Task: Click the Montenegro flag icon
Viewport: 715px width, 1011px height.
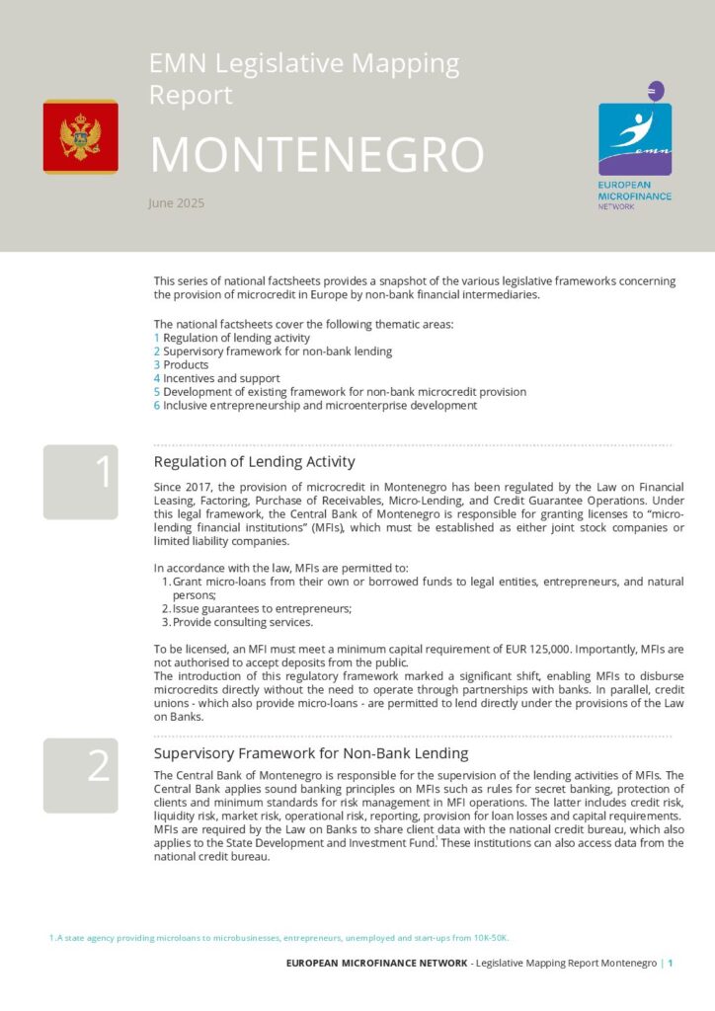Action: click(x=80, y=136)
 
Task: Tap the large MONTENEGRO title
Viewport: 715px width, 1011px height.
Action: click(x=316, y=154)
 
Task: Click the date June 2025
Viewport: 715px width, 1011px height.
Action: click(x=176, y=203)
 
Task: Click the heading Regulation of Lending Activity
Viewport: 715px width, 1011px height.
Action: click(x=254, y=461)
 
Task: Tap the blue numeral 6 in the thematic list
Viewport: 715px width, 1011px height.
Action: click(x=157, y=405)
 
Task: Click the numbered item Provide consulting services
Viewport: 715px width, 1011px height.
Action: click(x=242, y=622)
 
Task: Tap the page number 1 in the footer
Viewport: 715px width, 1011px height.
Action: click(x=671, y=963)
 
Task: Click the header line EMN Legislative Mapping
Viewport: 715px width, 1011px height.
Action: click(x=303, y=65)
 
